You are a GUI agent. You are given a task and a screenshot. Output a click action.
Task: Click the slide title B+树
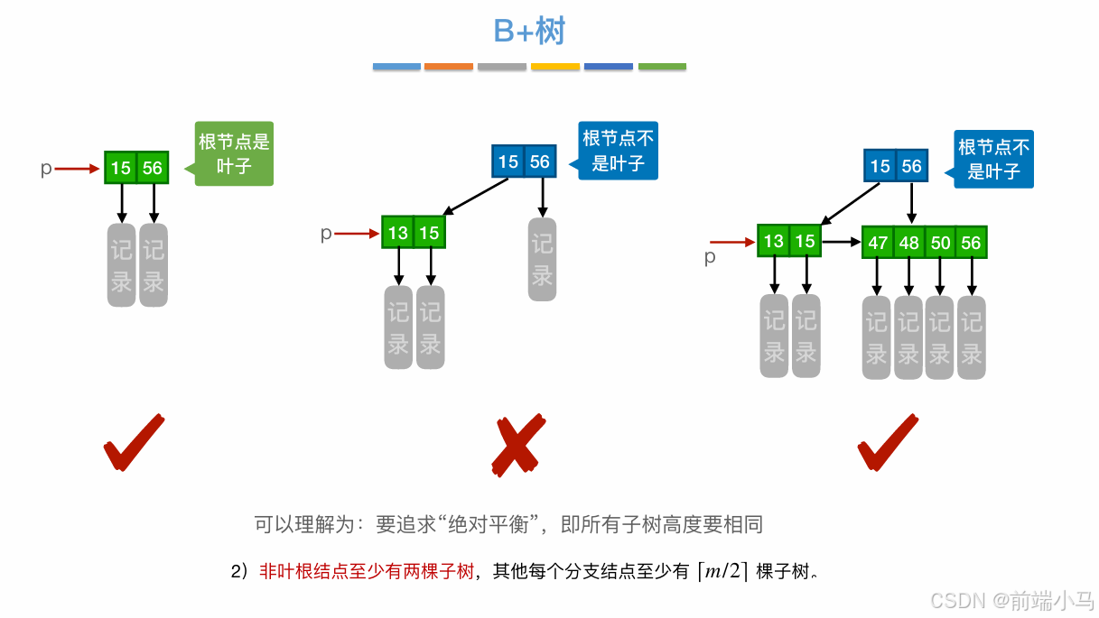click(x=529, y=32)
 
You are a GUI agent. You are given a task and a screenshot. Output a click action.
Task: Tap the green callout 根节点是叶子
click(x=234, y=153)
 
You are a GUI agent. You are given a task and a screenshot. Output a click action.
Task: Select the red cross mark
click(x=518, y=446)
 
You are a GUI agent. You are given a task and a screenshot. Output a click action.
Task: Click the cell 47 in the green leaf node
click(x=878, y=244)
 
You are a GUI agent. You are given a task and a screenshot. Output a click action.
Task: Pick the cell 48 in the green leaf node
click(x=909, y=244)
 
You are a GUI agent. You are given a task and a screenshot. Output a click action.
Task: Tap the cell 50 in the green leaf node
click(x=941, y=244)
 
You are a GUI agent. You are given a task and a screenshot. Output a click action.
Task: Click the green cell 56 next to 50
click(x=971, y=244)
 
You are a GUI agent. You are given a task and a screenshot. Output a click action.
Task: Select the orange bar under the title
click(x=449, y=67)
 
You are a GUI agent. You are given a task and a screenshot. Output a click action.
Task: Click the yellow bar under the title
click(x=555, y=67)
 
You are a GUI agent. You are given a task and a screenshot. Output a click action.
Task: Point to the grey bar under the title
click(x=502, y=67)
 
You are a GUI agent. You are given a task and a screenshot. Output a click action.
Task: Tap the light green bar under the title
click(x=662, y=67)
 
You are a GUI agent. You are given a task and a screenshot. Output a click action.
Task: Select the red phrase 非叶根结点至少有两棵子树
click(x=367, y=571)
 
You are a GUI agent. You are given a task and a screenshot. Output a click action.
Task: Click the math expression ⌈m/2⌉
click(x=722, y=571)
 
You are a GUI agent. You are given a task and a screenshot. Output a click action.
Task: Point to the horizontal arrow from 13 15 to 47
click(x=842, y=242)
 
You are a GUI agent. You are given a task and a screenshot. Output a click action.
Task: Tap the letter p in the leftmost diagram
click(x=46, y=169)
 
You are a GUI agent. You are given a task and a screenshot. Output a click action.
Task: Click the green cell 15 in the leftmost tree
click(x=121, y=169)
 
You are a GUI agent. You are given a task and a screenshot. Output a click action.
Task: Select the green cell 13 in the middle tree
click(x=398, y=234)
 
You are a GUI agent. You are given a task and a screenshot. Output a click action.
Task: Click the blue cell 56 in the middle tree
click(x=539, y=162)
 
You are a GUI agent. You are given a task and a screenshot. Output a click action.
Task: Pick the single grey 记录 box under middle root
click(x=542, y=259)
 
